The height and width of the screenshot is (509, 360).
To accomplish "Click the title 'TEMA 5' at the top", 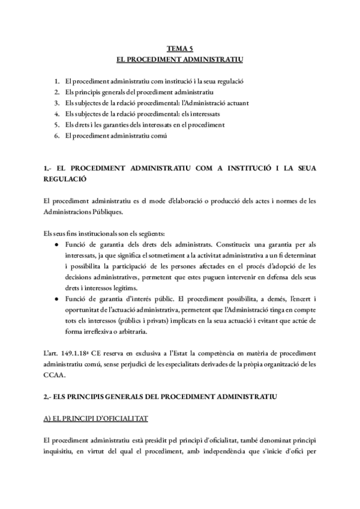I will point(179,51).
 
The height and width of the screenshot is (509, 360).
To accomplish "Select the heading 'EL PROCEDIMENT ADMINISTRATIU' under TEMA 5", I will point(179,61).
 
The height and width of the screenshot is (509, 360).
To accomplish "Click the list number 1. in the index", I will point(56,80).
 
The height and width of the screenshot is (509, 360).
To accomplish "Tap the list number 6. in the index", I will point(56,136).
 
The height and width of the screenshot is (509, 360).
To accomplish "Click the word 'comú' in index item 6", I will point(157,136).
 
